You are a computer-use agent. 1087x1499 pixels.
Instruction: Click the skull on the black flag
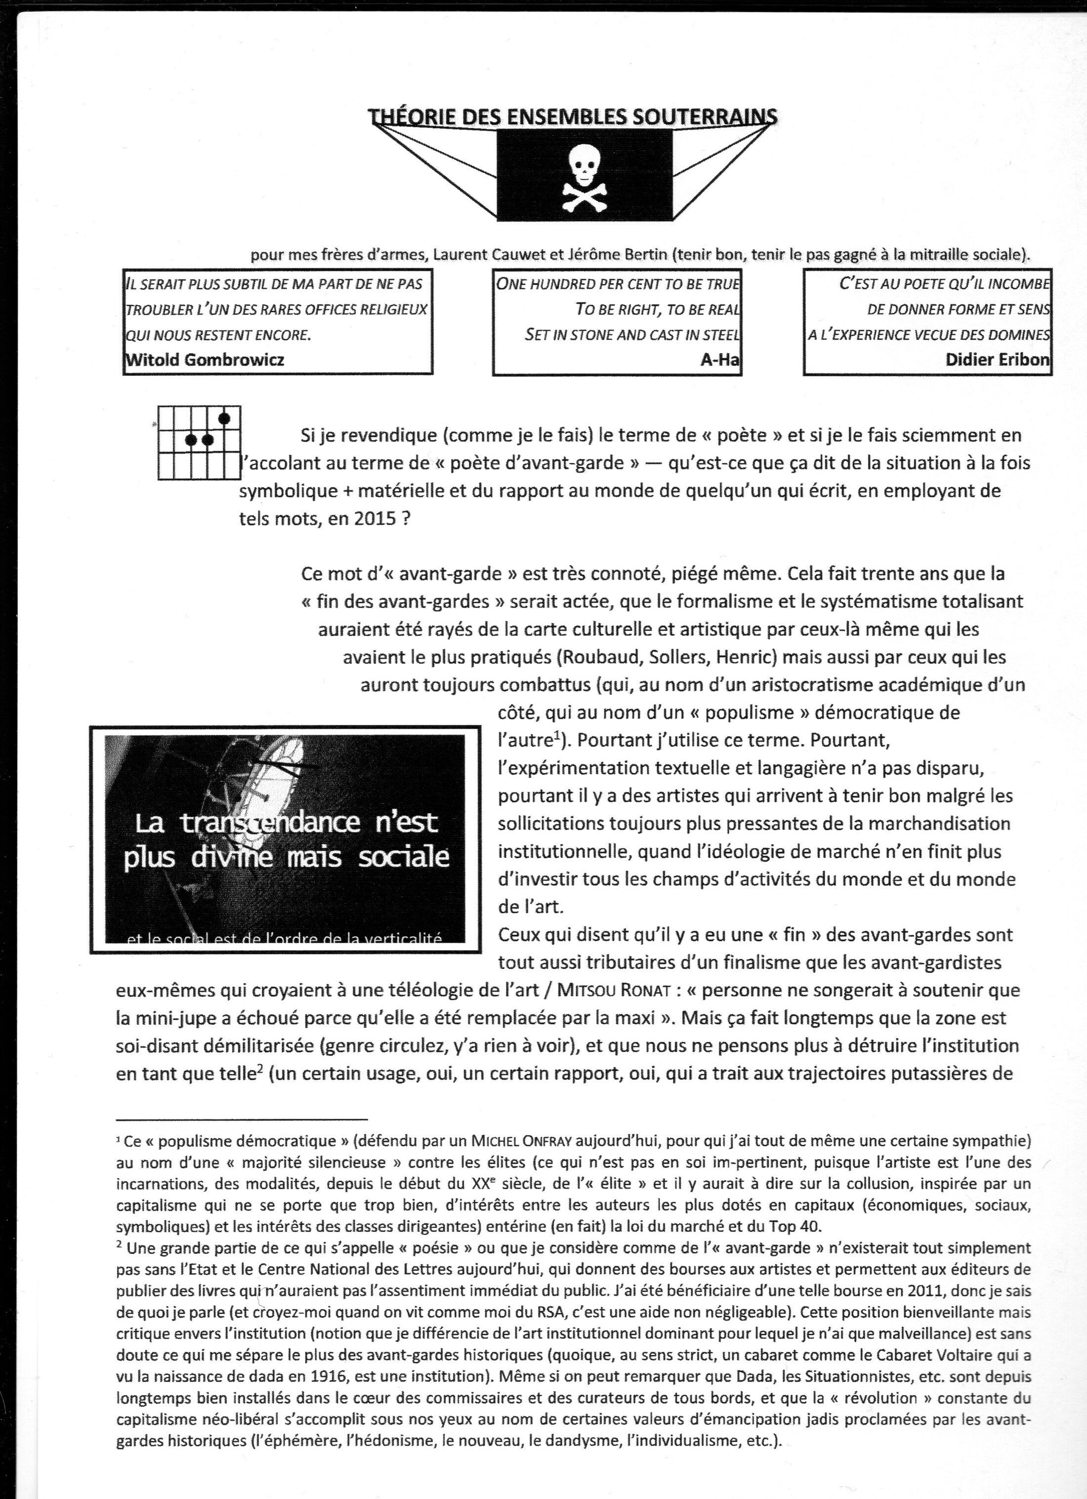584,163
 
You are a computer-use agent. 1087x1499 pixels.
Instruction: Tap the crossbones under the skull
584,196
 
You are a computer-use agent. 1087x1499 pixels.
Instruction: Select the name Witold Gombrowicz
205,360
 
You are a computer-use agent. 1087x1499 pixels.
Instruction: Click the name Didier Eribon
997,360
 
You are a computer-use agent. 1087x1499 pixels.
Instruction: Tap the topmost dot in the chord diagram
224,417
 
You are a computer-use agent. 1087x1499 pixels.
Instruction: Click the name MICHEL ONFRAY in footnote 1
521,1141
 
